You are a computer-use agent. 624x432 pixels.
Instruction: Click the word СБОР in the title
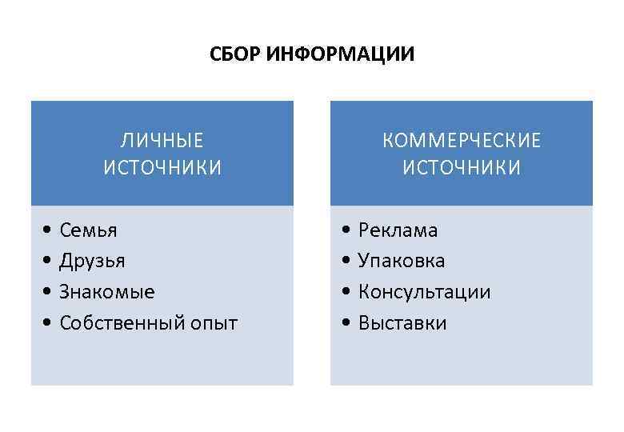233,55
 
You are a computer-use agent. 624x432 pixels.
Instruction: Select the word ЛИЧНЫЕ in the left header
162,141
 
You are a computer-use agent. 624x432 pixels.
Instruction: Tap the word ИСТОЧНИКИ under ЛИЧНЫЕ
162,167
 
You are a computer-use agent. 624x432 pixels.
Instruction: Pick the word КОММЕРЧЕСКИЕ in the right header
462,141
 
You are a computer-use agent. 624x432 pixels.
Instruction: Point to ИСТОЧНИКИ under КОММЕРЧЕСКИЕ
462,167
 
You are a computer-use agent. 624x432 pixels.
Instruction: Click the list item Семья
88,230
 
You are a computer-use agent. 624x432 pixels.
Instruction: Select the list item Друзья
92,261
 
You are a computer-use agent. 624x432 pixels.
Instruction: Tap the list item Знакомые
107,292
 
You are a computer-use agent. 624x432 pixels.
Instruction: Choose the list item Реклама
398,230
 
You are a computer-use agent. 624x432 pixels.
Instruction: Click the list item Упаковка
402,261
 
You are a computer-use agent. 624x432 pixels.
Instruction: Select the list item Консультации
424,292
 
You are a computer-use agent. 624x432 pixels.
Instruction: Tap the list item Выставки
402,323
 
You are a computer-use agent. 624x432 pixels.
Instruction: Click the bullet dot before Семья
48,231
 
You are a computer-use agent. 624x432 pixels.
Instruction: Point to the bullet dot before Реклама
346,231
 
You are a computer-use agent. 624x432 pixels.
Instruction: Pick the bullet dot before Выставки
346,324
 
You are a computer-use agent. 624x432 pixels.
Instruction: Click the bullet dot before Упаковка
346,262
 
